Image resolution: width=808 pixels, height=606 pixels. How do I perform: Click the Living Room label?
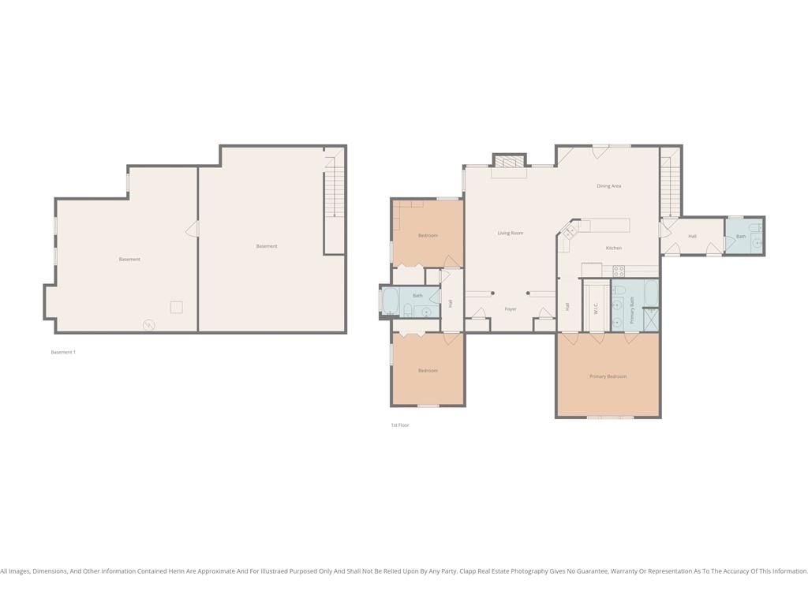point(511,233)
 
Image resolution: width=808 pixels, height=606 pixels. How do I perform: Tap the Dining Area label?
point(608,186)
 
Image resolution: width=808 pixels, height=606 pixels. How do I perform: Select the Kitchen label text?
point(613,248)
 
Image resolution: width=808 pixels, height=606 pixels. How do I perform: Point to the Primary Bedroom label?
point(608,376)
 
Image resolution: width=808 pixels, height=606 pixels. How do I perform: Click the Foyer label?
point(511,309)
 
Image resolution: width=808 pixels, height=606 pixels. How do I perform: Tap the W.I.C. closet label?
point(596,309)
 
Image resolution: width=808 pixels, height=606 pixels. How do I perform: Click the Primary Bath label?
point(632,310)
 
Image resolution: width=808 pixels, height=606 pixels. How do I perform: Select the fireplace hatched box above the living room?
point(509,161)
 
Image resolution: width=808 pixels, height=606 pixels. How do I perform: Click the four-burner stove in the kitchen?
point(619,271)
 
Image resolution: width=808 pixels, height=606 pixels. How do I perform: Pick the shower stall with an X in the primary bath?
point(651,319)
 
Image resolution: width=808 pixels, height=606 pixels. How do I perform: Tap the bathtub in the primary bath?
point(651,294)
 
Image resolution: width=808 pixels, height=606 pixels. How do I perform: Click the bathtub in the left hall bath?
point(390,301)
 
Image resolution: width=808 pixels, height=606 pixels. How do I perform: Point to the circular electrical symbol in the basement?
point(149,324)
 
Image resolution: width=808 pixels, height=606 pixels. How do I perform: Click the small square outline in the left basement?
point(176,307)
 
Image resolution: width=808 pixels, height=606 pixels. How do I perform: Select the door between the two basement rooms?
point(193,229)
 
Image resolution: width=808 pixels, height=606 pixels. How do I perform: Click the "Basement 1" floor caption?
point(63,352)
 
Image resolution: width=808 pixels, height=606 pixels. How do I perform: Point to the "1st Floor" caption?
point(400,425)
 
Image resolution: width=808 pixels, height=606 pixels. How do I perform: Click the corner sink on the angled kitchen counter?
point(569,231)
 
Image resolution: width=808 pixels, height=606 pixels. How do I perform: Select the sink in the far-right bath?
point(757,242)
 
